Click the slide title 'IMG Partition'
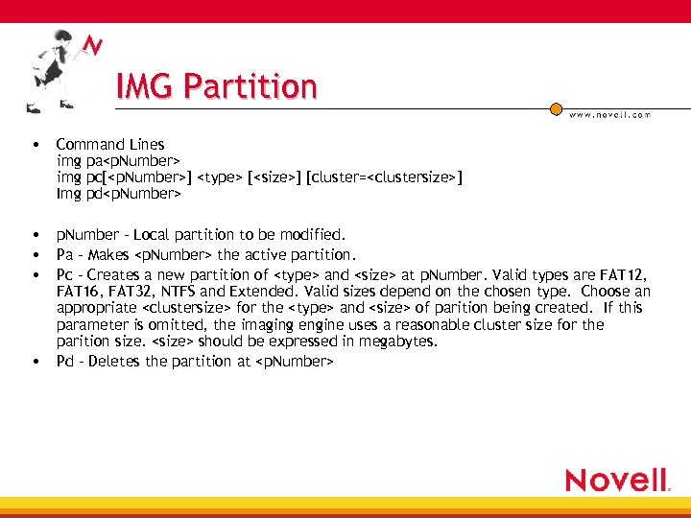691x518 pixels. [x=216, y=86]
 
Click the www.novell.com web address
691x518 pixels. [x=609, y=114]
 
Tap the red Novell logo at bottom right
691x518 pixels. [x=615, y=480]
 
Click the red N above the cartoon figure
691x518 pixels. [x=92, y=46]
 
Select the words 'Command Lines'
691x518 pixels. [x=110, y=145]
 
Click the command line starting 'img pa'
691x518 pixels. [x=118, y=161]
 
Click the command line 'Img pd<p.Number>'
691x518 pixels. [x=118, y=194]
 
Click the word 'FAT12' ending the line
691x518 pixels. [x=629, y=272]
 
